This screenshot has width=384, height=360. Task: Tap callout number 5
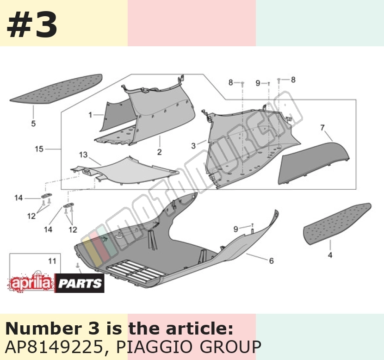pyautogui.click(x=34, y=123)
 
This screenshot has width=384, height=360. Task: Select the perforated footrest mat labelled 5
pyautogui.click(x=56, y=89)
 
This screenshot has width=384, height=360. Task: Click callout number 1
pyautogui.click(x=90, y=115)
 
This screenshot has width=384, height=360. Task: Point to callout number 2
pyautogui.click(x=160, y=152)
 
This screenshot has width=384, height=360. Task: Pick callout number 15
pyautogui.click(x=39, y=149)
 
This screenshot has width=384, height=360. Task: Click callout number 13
pyautogui.click(x=83, y=155)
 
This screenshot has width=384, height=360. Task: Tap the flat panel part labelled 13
pyautogui.click(x=125, y=171)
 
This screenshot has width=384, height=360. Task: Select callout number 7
pyautogui.click(x=322, y=128)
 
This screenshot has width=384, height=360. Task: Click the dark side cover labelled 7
pyautogui.click(x=314, y=163)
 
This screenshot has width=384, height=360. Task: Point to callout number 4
pyautogui.click(x=330, y=255)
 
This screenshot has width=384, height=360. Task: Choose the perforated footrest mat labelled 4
pyautogui.click(x=337, y=223)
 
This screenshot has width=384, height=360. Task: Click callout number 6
pyautogui.click(x=272, y=261)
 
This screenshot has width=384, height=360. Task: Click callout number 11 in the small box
pyautogui.click(x=52, y=261)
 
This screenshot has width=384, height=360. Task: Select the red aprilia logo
pyautogui.click(x=31, y=283)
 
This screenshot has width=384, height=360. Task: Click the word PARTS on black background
pyautogui.click(x=80, y=284)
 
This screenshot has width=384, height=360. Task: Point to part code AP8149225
pyautogui.click(x=54, y=347)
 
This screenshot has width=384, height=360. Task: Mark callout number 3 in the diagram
pyautogui.click(x=193, y=146)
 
